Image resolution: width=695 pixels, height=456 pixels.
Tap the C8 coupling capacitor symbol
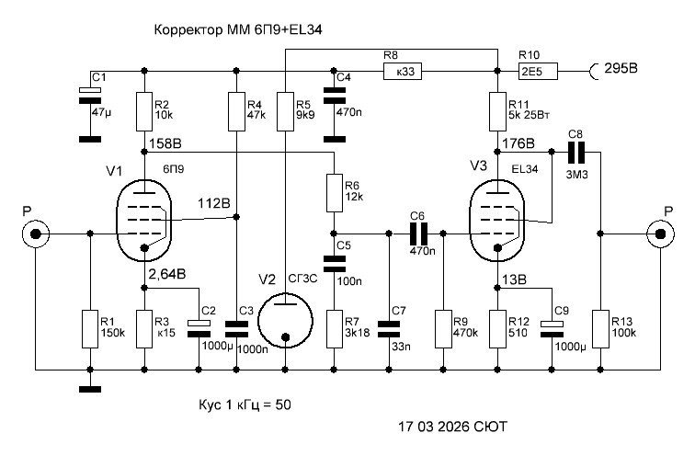point(576,153)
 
